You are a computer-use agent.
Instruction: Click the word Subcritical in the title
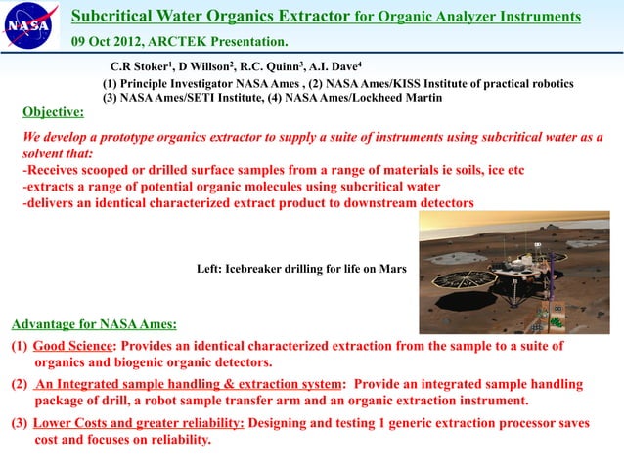point(123,17)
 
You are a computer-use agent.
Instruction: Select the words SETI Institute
point(207,99)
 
